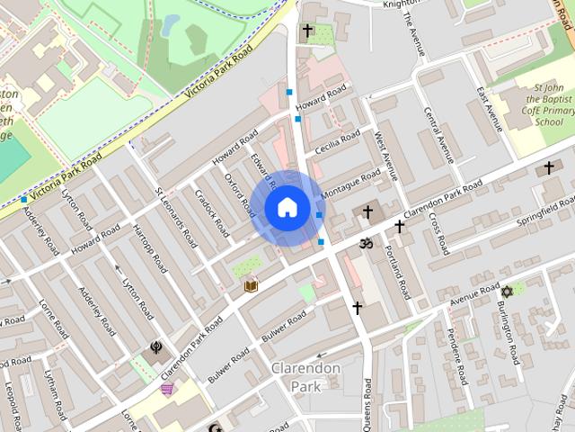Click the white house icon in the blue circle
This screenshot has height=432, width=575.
tap(286, 208)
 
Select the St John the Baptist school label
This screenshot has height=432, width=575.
tap(536, 104)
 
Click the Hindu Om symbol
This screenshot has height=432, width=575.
tap(365, 242)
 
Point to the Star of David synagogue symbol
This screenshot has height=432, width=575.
tap(506, 292)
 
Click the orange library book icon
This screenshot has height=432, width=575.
tap(251, 285)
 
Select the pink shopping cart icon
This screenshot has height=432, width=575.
tap(166, 389)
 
